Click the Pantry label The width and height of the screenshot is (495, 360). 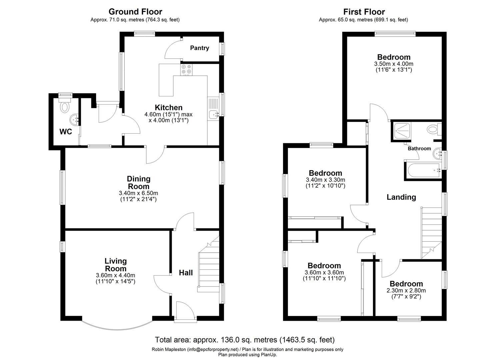(x=199, y=48)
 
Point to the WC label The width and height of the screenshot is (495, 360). (x=66, y=132)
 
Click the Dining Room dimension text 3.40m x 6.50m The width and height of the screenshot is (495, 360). (x=138, y=193)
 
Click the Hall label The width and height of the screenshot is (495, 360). (x=186, y=273)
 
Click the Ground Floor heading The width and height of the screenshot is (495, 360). (x=135, y=12)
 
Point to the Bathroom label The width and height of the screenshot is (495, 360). (x=419, y=149)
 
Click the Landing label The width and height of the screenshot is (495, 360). (x=401, y=197)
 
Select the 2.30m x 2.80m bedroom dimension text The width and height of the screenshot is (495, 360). (x=406, y=290)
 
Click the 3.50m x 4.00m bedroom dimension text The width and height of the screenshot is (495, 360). (x=394, y=64)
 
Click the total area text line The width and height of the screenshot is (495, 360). (x=245, y=340)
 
